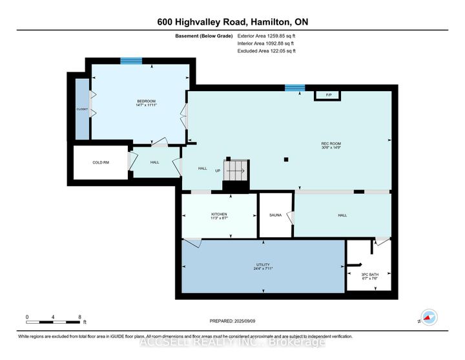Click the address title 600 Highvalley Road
tap(232, 21)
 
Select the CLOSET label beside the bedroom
tap(82, 109)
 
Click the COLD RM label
tap(100, 162)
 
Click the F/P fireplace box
tap(328, 96)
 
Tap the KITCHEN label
tap(219, 216)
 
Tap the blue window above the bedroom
tap(131, 61)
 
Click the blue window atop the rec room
tap(295, 87)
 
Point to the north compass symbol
tap(428, 317)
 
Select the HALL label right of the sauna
tap(342, 215)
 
